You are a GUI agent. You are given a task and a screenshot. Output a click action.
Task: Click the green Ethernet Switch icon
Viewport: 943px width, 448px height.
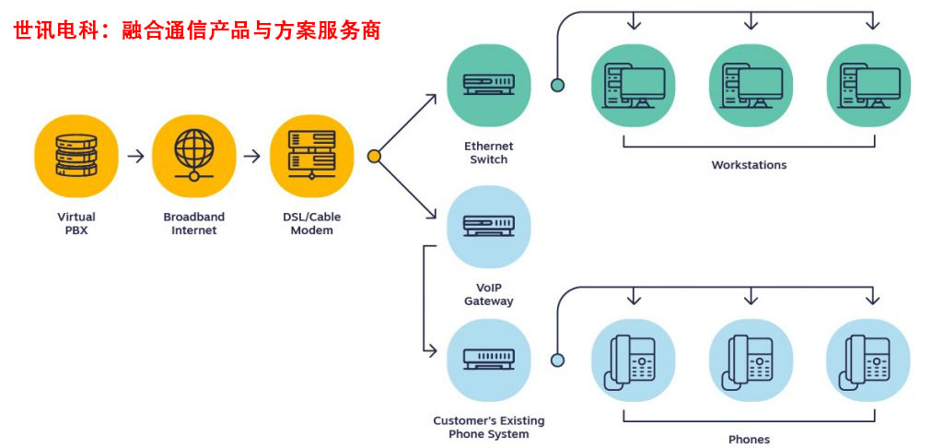click(488, 86)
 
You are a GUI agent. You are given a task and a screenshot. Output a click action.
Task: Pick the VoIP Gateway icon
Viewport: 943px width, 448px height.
click(488, 226)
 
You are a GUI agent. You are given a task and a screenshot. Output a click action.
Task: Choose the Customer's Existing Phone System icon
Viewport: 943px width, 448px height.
click(488, 360)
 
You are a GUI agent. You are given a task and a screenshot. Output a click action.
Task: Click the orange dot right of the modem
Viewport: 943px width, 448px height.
click(374, 157)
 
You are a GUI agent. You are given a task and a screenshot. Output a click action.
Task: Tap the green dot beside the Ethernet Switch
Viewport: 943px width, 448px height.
click(557, 86)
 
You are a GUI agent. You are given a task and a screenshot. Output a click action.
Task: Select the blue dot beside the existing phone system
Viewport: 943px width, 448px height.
click(557, 360)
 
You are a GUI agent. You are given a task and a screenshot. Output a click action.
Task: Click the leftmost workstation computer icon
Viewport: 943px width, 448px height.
click(633, 86)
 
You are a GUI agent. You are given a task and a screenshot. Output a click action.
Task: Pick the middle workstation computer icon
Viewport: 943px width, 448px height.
click(751, 86)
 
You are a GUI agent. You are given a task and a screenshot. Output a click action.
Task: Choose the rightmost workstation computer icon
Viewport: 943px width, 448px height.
click(867, 86)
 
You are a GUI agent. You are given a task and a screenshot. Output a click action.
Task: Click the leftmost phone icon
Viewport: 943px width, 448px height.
click(633, 360)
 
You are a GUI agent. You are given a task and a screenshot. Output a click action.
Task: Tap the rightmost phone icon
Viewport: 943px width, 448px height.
click(867, 360)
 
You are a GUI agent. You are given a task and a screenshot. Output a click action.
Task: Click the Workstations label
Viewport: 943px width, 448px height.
click(749, 166)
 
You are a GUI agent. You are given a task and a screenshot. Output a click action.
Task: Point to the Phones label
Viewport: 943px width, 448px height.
click(749, 440)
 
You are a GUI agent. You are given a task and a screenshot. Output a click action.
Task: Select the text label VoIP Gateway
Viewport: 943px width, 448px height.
click(488, 294)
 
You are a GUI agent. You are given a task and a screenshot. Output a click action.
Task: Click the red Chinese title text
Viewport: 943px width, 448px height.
click(197, 30)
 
